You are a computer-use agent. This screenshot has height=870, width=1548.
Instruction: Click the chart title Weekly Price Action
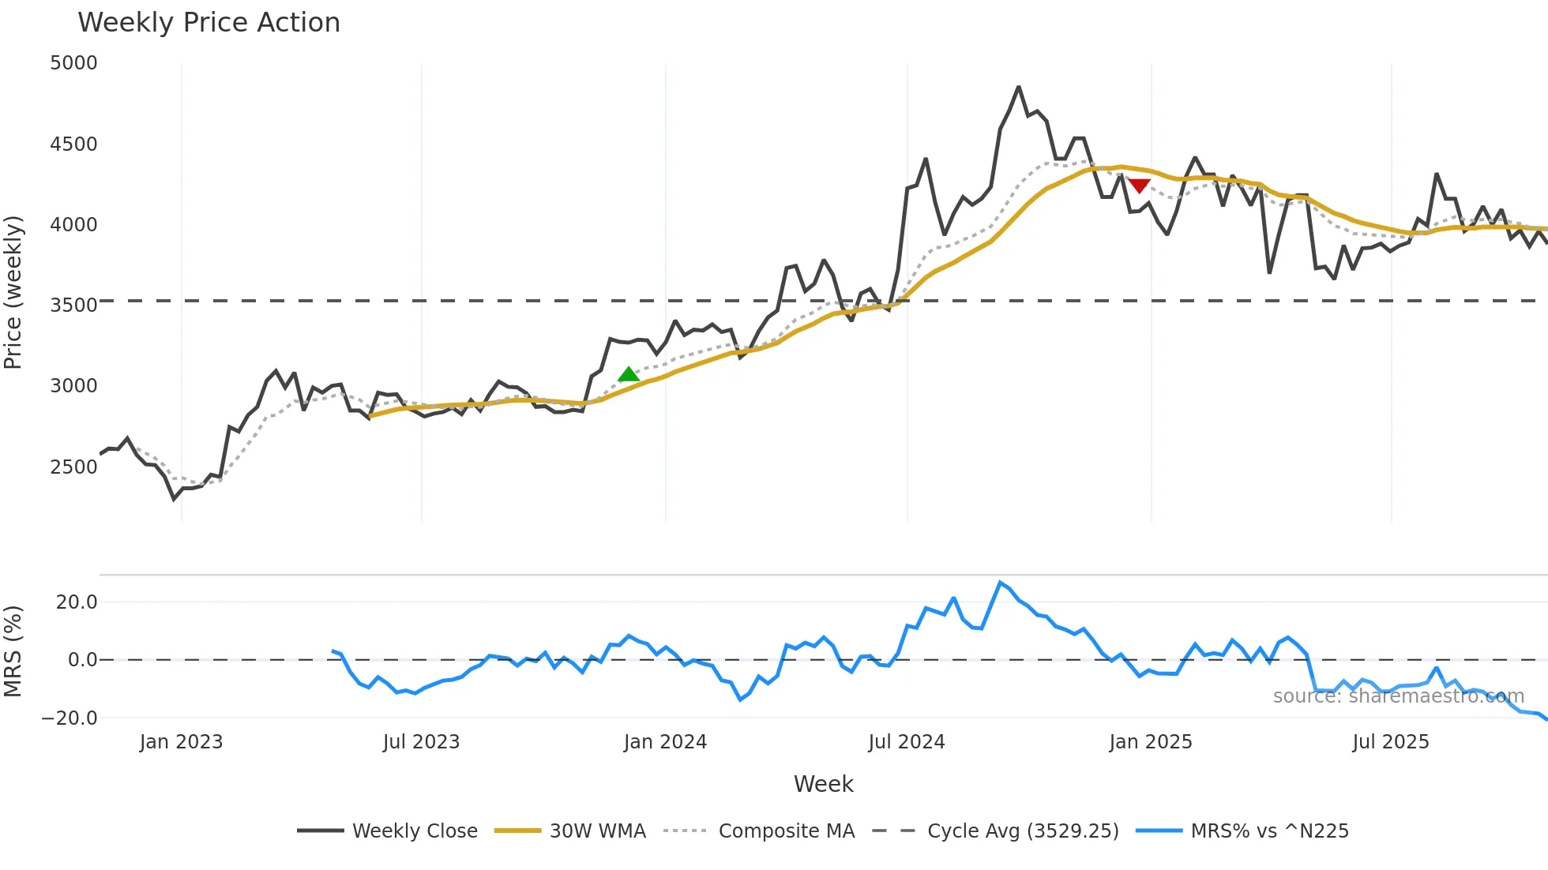click(x=209, y=23)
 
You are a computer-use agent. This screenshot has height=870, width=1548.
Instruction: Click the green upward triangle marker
click(x=629, y=374)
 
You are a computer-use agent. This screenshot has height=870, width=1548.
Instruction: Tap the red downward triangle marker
click(x=1139, y=186)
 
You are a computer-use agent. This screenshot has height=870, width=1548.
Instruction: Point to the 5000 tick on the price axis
click(x=73, y=63)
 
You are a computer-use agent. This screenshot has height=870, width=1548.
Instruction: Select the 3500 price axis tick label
click(x=73, y=306)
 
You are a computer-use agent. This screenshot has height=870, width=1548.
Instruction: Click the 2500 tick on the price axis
click(x=73, y=467)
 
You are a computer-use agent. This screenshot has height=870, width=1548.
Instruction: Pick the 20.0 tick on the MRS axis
click(x=77, y=602)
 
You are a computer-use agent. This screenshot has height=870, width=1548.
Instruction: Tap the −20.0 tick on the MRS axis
click(x=70, y=718)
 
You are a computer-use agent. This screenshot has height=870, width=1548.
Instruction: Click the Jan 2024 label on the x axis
click(x=665, y=742)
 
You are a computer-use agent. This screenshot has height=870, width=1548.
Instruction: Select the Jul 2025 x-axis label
click(x=1391, y=742)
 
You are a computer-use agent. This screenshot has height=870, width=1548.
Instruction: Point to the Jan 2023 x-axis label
click(x=181, y=742)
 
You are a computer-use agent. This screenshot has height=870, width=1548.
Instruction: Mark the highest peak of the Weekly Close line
click(x=1019, y=88)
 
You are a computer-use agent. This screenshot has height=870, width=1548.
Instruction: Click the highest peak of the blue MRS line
click(x=1001, y=583)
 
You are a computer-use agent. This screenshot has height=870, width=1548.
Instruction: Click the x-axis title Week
click(x=823, y=784)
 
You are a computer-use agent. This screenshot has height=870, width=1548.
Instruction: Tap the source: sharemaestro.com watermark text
click(x=1398, y=696)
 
